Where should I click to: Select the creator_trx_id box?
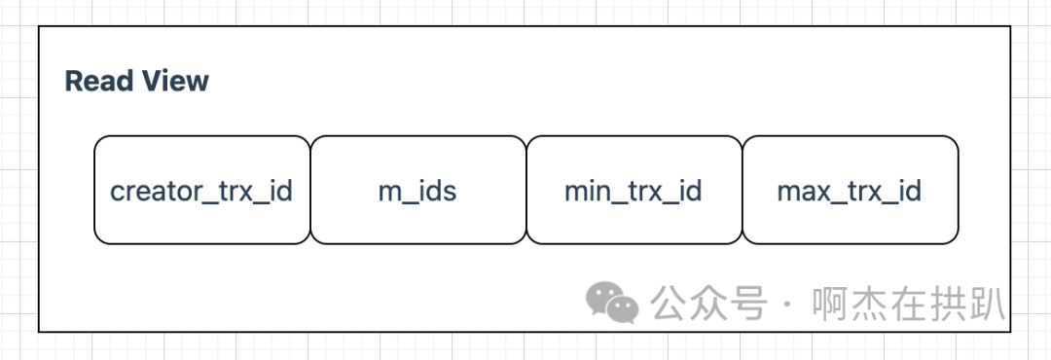[x=201, y=190]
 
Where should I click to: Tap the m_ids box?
[x=417, y=190]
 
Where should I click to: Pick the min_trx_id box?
[x=634, y=190]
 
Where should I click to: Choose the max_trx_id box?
[x=850, y=190]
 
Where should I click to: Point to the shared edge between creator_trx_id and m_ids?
[x=310, y=190]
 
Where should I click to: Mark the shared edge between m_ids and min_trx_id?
[x=526, y=190]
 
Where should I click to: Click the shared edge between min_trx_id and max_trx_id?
[x=743, y=190]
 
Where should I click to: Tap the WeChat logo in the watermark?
[x=611, y=303]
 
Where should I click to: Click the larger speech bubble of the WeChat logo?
[x=604, y=297]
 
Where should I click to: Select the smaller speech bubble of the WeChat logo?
[x=623, y=309]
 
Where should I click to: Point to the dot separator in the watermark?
[x=787, y=305]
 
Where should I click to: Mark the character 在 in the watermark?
[x=909, y=304]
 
